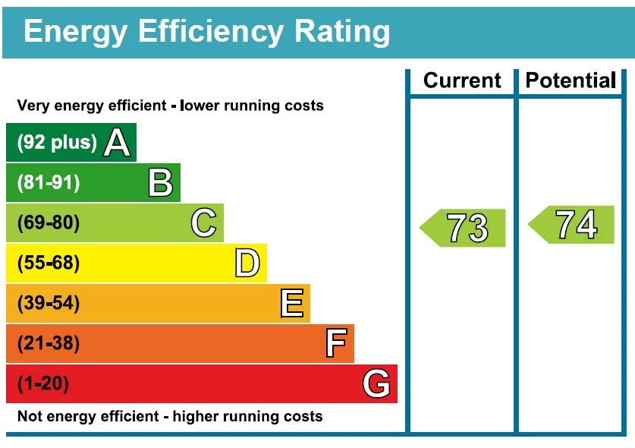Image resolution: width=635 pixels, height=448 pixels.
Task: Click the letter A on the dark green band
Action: [x=116, y=142]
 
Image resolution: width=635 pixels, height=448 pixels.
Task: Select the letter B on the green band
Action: [x=160, y=183]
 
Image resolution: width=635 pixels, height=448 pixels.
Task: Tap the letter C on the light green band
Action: [x=203, y=223]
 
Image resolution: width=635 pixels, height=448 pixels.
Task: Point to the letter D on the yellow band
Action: [x=247, y=263]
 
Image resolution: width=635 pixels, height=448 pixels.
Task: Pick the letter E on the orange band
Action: [x=291, y=304]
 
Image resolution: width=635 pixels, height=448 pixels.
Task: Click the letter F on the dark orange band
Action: [x=335, y=343]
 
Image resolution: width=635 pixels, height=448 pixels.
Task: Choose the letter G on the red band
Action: [x=376, y=383]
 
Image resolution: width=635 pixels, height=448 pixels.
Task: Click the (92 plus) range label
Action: [x=57, y=143]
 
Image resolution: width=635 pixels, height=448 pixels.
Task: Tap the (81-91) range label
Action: [x=48, y=183]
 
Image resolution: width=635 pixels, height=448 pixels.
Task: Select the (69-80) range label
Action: [x=48, y=223]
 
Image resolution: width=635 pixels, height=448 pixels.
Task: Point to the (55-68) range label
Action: [x=48, y=263]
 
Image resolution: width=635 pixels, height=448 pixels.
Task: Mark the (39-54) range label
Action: [x=48, y=304]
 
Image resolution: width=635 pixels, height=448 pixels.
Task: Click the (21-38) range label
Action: [x=48, y=344]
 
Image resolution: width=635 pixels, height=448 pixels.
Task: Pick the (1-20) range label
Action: [x=42, y=384]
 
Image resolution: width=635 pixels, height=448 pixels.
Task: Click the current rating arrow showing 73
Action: [x=464, y=228]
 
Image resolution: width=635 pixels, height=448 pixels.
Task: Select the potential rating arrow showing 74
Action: [x=572, y=225]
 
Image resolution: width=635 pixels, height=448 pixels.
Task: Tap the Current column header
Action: [x=462, y=80]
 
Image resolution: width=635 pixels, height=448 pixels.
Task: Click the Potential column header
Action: [x=571, y=80]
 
